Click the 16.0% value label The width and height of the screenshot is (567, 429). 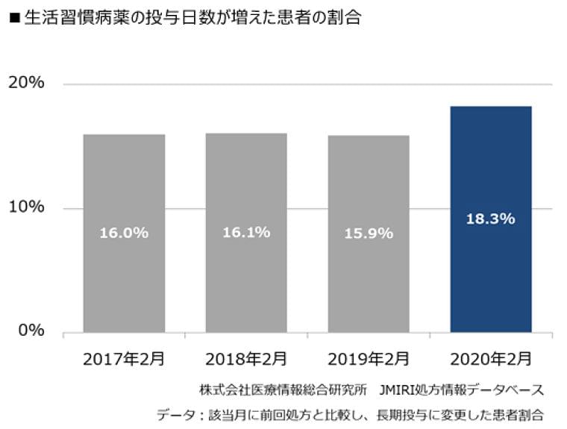pyautogui.click(x=124, y=233)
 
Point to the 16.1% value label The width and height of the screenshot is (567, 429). pyautogui.click(x=246, y=232)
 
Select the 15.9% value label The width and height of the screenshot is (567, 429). pyautogui.click(x=369, y=234)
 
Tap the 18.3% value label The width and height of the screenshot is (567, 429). pyautogui.click(x=491, y=219)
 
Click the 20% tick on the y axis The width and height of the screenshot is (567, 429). pyautogui.click(x=26, y=83)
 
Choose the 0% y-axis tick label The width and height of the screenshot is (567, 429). pyautogui.click(x=31, y=331)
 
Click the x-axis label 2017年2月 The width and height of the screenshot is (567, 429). pyautogui.click(x=124, y=359)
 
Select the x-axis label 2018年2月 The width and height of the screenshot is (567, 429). pyautogui.click(x=246, y=359)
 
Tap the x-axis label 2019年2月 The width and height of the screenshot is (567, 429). pyautogui.click(x=369, y=359)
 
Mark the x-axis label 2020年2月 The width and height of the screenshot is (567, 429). pyautogui.click(x=491, y=359)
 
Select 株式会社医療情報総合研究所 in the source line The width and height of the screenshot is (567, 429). pyautogui.click(x=283, y=390)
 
